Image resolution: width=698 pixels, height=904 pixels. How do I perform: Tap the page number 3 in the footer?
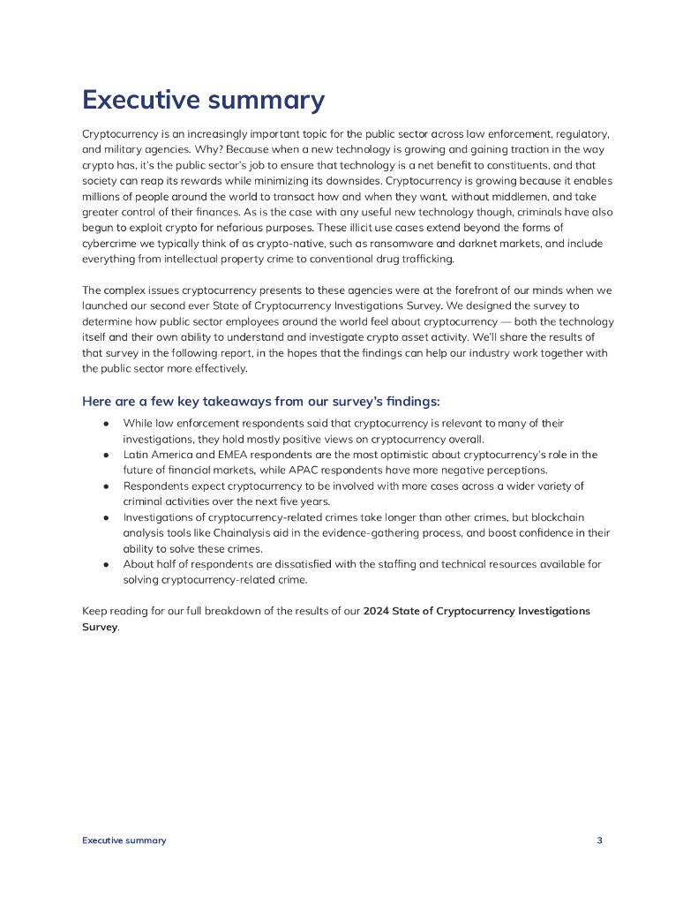point(599,840)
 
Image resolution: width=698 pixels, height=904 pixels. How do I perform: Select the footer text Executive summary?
point(124,840)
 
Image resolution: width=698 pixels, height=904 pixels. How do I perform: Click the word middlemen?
point(537,197)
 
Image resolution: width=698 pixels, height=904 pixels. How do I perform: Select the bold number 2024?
point(378,611)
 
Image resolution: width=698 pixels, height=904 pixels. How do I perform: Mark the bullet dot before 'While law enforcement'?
point(106,424)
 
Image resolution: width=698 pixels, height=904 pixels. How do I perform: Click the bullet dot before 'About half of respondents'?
point(106,564)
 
